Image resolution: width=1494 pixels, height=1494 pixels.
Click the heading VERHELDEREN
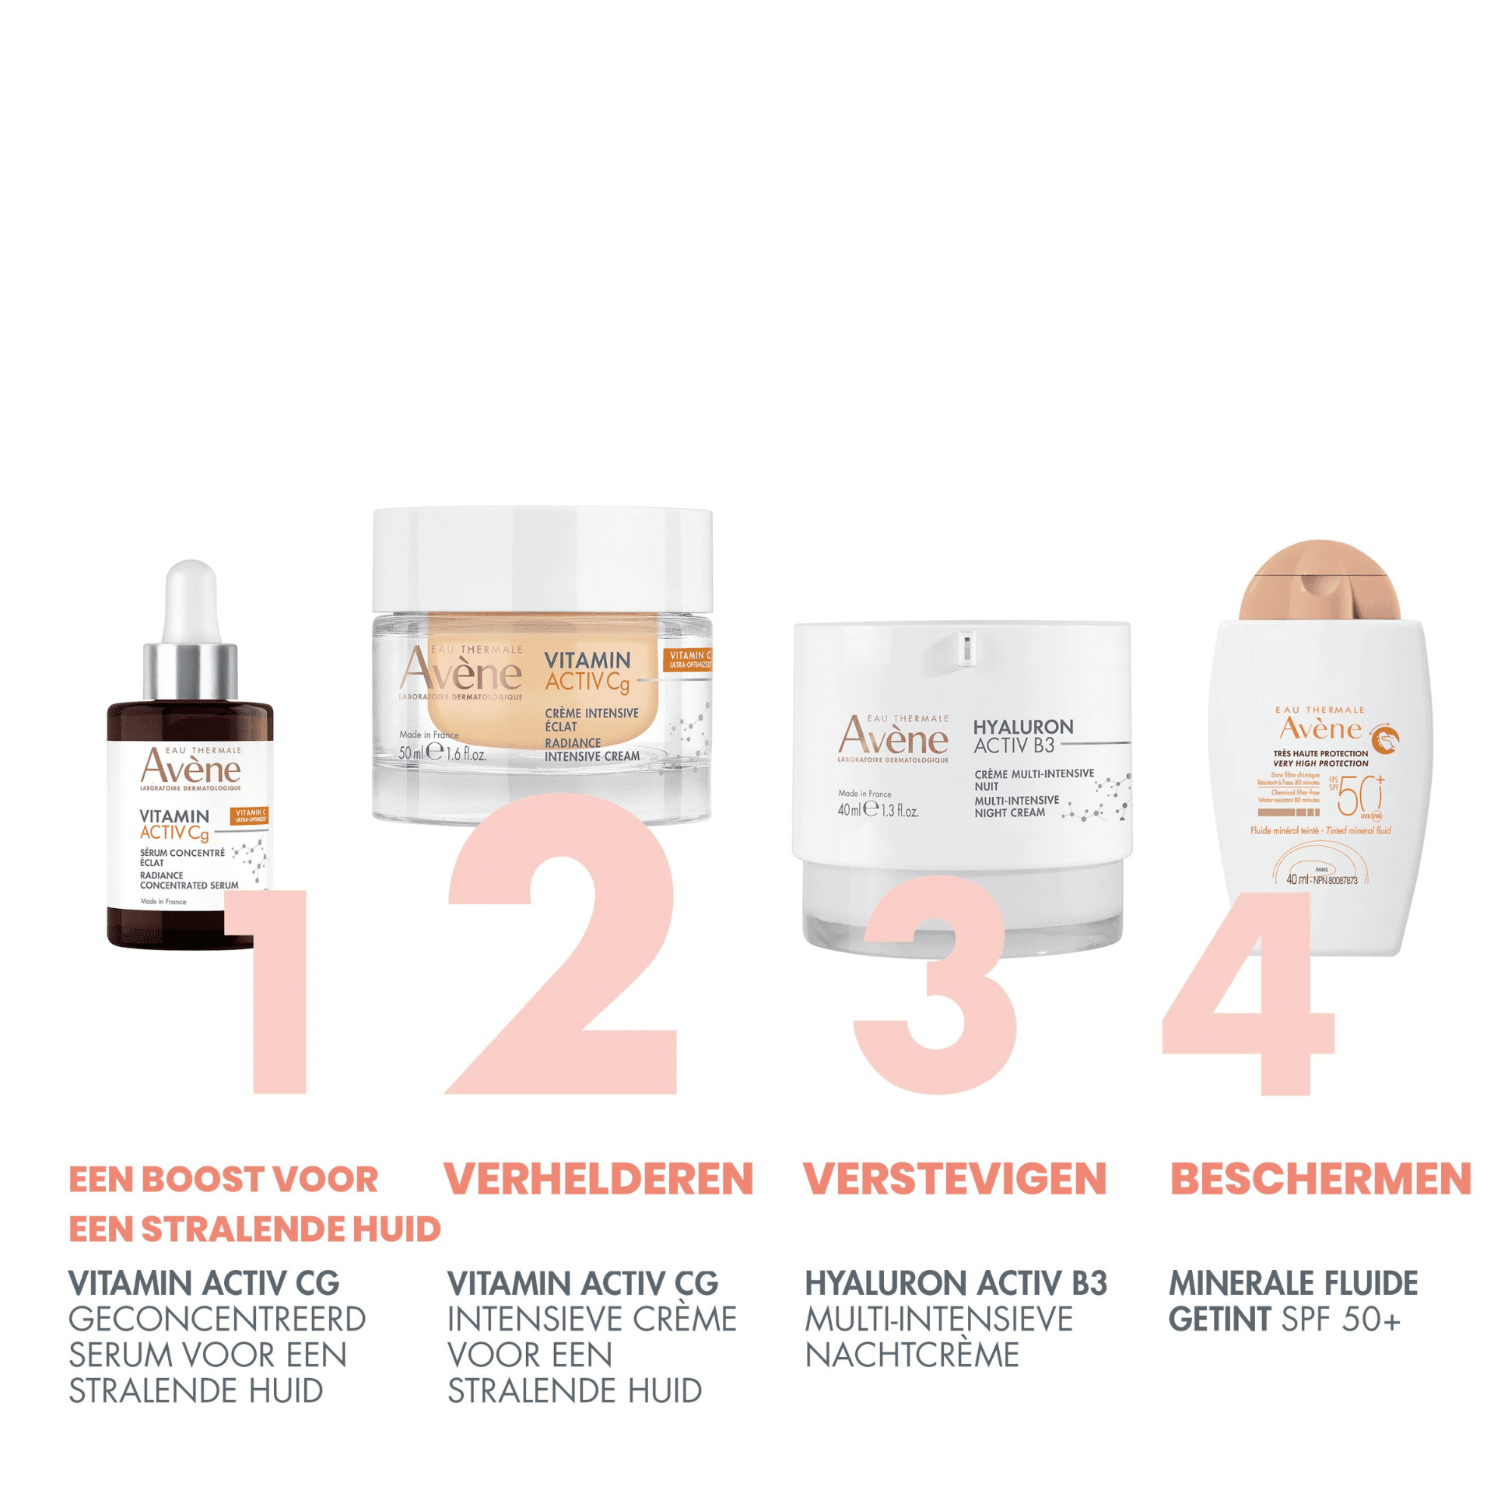(598, 1179)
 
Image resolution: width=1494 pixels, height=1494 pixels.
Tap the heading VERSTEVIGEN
(955, 1179)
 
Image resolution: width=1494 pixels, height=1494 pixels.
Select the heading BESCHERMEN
(1320, 1179)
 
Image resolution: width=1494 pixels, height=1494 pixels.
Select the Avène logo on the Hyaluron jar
(893, 736)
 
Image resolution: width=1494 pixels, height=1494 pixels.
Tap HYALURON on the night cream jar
(1022, 727)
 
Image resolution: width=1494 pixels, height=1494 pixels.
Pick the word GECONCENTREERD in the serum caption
(217, 1319)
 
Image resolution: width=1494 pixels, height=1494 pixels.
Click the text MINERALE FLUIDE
(1292, 1283)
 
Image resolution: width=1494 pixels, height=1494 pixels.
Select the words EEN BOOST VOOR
(223, 1180)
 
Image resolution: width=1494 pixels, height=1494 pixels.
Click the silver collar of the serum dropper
(191, 671)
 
